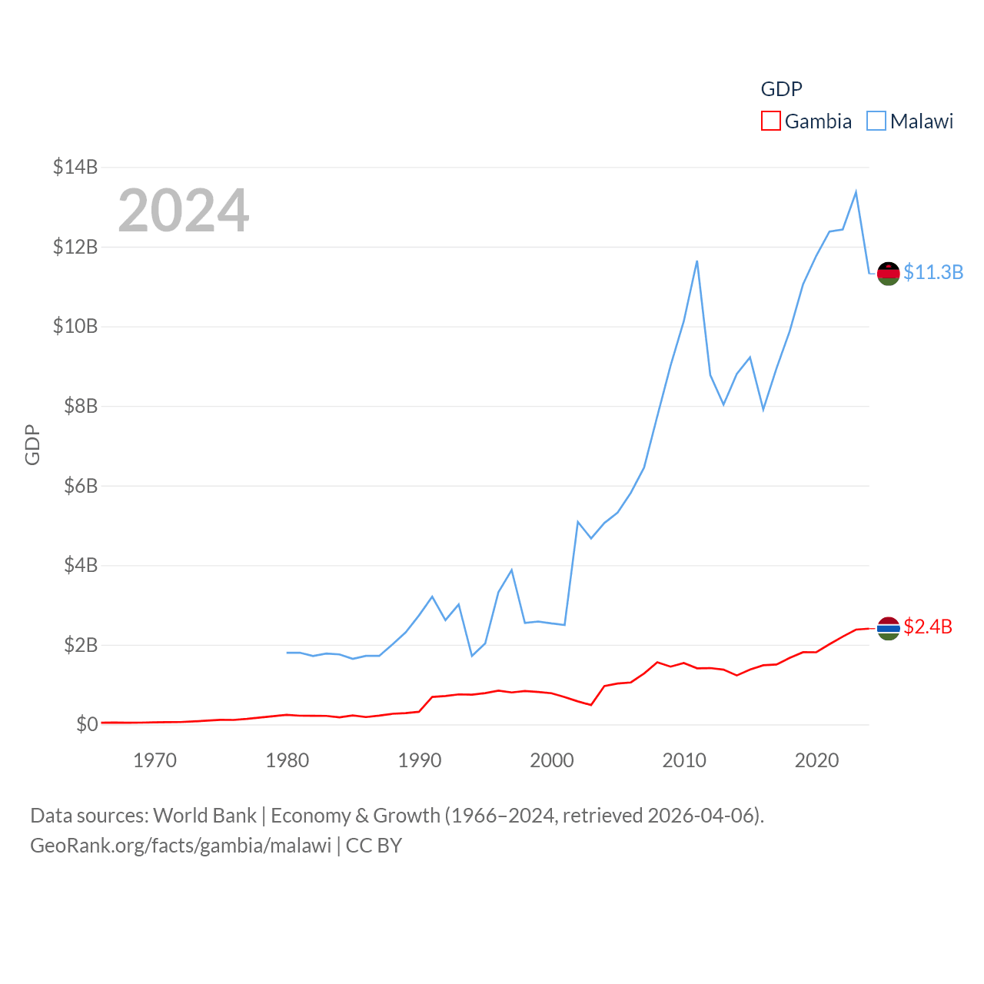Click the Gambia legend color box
pos(770,121)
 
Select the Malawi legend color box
pos(876,121)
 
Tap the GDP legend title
pos(781,89)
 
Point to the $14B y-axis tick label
pos(75,167)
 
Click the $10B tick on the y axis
pos(75,326)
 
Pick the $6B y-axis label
pos(80,486)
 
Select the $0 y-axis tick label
pos(87,724)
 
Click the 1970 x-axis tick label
pos(155,760)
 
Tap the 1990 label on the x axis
pos(420,760)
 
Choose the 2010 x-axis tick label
pos(684,760)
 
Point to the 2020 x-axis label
pos(816,760)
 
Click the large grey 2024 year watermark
pos(183,211)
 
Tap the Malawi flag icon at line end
pos(889,273)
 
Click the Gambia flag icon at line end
pos(889,628)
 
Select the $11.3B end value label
pos(933,272)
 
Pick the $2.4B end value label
pos(928,627)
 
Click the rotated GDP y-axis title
pos(32,444)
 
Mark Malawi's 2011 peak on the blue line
pos(697,261)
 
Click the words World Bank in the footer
pos(204,815)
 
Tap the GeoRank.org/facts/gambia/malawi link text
pos(181,846)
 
